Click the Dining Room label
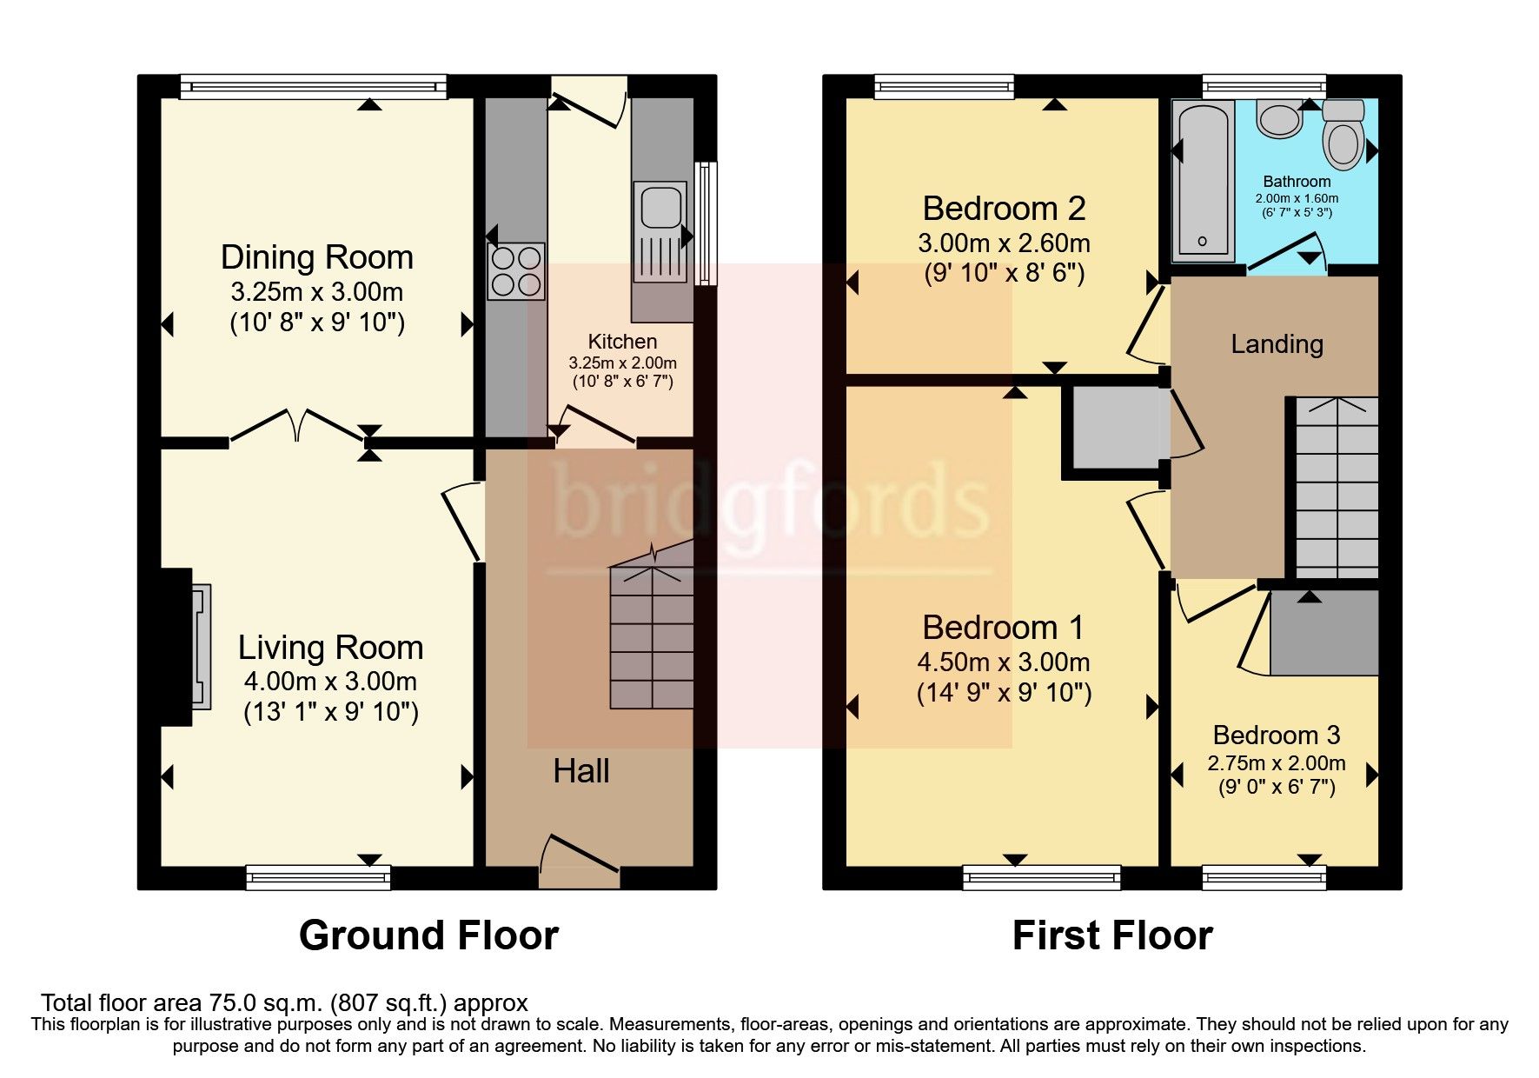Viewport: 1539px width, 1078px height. click(x=316, y=257)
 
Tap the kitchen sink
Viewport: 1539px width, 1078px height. click(x=660, y=207)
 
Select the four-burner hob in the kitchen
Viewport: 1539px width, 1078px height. click(x=516, y=271)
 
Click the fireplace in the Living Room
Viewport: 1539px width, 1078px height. click(x=200, y=647)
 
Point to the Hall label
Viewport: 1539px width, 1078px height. click(x=580, y=771)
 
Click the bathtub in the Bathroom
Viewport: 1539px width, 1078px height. click(x=1203, y=181)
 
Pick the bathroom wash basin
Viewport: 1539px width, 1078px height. click(x=1278, y=119)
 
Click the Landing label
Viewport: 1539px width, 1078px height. click(x=1277, y=344)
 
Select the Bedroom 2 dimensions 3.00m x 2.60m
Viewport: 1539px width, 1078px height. click(x=1004, y=243)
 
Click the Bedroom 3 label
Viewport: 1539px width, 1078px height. click(x=1276, y=735)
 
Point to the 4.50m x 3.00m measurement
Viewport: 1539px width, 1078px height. click(x=1003, y=662)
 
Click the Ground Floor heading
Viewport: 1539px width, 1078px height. click(x=428, y=935)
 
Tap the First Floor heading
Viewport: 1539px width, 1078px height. click(x=1111, y=935)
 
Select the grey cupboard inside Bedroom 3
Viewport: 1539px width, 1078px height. click(x=1323, y=632)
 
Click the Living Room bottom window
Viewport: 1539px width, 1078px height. click(x=318, y=877)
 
